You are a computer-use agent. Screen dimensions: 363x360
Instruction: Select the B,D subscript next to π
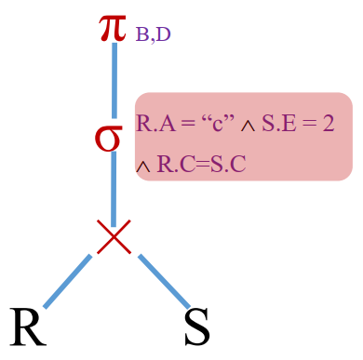coord(153,36)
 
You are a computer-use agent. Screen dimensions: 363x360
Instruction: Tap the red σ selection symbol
coord(109,138)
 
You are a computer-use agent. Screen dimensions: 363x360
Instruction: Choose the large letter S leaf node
coord(196,327)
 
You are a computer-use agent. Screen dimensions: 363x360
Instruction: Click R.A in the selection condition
coord(153,123)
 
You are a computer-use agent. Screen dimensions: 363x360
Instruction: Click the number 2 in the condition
coord(329,123)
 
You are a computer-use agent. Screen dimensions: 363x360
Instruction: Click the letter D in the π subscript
coord(164,36)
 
